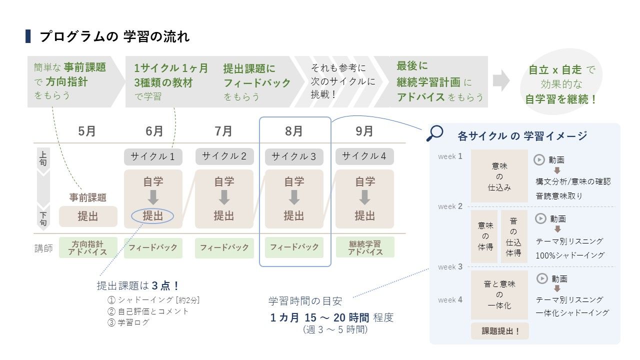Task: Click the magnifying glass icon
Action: click(x=434, y=133)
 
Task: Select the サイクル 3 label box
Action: click(x=294, y=156)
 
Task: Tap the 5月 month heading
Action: click(x=87, y=131)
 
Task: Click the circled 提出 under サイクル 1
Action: click(x=152, y=215)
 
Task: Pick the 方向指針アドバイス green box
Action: click(x=88, y=247)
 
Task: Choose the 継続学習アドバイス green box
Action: click(x=365, y=247)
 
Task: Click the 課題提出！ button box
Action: click(x=500, y=331)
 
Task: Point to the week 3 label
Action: click(x=450, y=267)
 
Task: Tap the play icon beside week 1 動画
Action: click(x=539, y=159)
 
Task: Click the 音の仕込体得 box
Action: click(x=513, y=236)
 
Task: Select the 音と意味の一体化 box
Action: click(x=499, y=295)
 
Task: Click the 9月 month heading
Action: click(x=364, y=131)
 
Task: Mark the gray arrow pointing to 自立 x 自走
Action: click(x=501, y=80)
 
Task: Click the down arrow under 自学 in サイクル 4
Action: click(x=365, y=197)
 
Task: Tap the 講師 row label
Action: click(x=43, y=248)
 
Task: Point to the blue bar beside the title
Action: click(x=28, y=36)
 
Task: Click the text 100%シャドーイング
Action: click(x=570, y=255)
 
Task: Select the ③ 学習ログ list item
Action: click(x=128, y=322)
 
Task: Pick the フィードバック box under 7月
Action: click(x=224, y=247)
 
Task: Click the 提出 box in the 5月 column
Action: click(x=88, y=216)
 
